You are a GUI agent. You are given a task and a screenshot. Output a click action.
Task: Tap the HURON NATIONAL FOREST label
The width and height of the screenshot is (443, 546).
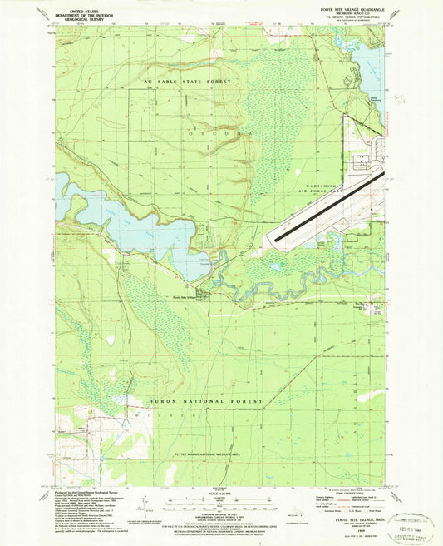[206, 402]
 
